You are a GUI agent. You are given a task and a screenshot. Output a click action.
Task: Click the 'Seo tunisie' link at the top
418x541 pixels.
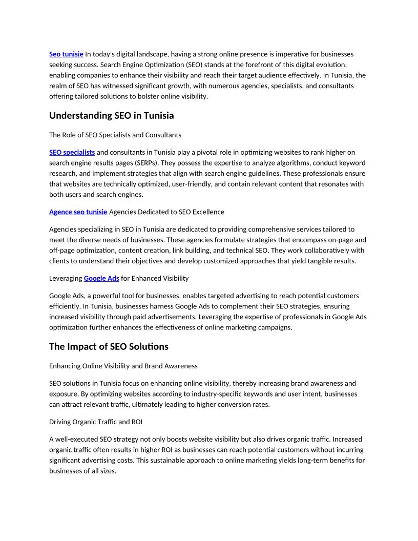coord(66,54)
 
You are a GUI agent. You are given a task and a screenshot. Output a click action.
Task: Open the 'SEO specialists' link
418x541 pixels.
coord(72,152)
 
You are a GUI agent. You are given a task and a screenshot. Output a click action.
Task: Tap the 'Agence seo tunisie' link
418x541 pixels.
coord(78,212)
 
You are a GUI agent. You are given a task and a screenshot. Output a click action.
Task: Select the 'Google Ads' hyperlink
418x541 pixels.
coord(101,278)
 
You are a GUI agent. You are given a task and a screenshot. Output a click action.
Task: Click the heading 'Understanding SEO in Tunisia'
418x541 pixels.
coord(111,116)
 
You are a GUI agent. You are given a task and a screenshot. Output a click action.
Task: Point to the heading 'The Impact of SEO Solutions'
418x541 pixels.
coord(109,347)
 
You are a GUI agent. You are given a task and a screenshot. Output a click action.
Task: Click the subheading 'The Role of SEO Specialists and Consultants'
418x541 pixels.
coord(115,135)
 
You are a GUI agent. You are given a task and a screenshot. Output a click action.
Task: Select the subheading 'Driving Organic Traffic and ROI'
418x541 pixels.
coord(96,422)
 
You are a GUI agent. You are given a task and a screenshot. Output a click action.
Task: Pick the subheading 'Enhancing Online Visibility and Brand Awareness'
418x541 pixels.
coord(123,366)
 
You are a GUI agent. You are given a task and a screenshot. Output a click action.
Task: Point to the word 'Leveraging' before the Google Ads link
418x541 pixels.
coord(66,278)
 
